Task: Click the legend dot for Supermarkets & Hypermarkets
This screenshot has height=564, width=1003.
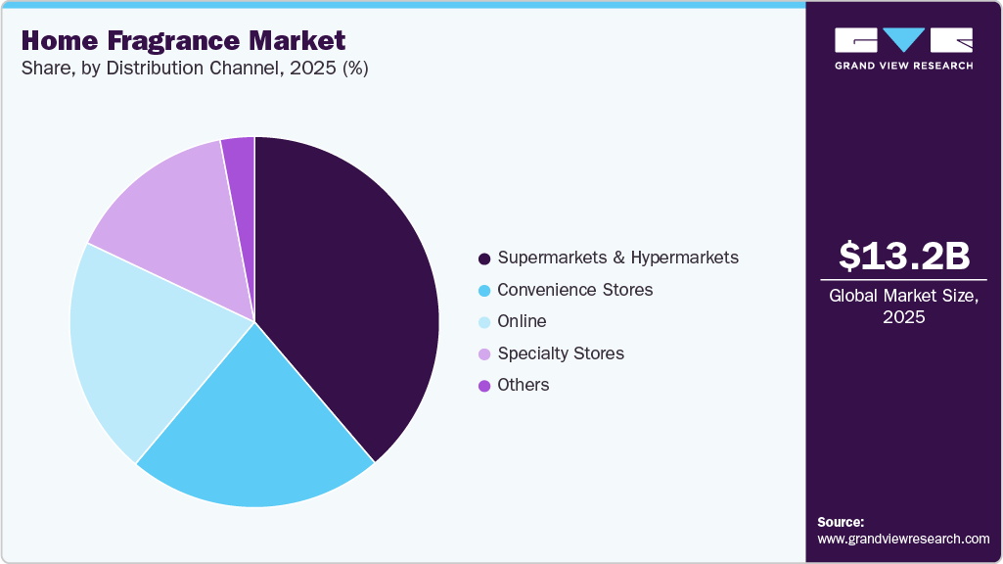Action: click(483, 258)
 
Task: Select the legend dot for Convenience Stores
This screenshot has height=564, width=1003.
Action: click(483, 291)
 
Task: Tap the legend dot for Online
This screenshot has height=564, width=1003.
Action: click(483, 322)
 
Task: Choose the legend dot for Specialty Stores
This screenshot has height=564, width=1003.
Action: click(483, 354)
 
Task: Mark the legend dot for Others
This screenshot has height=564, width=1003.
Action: click(483, 386)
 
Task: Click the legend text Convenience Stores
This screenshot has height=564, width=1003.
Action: click(574, 290)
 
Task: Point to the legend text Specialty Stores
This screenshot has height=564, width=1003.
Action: click(560, 353)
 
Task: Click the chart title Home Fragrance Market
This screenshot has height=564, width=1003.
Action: click(183, 41)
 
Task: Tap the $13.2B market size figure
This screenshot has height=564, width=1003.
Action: click(904, 256)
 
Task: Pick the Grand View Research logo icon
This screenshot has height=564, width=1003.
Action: click(903, 40)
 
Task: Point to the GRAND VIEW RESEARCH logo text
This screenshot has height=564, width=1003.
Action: click(903, 66)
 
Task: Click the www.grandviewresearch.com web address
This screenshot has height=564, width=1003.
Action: click(903, 539)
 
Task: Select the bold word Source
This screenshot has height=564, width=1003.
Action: click(841, 522)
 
